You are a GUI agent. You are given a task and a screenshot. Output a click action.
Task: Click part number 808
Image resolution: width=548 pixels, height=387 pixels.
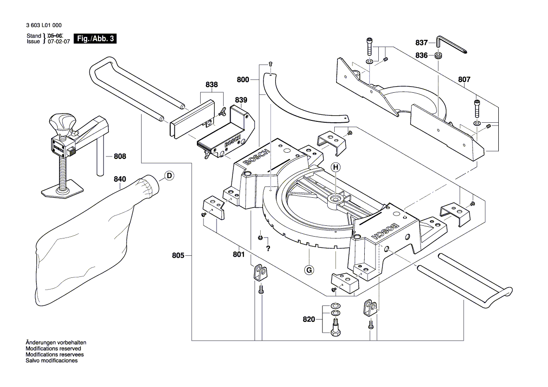pyautogui.click(x=120, y=156)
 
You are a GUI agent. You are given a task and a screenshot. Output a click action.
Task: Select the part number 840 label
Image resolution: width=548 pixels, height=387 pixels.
pyautogui.click(x=120, y=179)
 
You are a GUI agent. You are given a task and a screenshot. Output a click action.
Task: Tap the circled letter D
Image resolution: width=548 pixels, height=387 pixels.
pyautogui.click(x=169, y=176)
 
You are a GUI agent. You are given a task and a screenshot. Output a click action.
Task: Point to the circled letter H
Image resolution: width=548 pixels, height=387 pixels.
pyautogui.click(x=336, y=167)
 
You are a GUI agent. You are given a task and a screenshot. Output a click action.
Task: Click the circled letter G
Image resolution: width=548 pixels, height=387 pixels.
pyautogui.click(x=309, y=270)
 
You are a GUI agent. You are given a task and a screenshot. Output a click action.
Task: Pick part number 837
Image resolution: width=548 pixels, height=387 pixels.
pyautogui.click(x=422, y=43)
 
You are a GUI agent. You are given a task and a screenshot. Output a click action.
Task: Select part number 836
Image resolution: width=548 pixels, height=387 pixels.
pyautogui.click(x=422, y=55)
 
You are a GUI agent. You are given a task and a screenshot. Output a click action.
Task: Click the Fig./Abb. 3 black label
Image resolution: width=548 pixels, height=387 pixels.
pyautogui.click(x=96, y=39)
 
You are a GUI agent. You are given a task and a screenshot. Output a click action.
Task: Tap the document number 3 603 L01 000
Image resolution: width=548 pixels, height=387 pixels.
pyautogui.click(x=45, y=26)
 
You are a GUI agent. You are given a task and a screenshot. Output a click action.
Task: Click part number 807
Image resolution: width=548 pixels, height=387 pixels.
pyautogui.click(x=464, y=80)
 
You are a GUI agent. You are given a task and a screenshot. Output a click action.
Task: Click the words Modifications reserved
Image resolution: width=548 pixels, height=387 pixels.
pyautogui.click(x=53, y=349)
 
